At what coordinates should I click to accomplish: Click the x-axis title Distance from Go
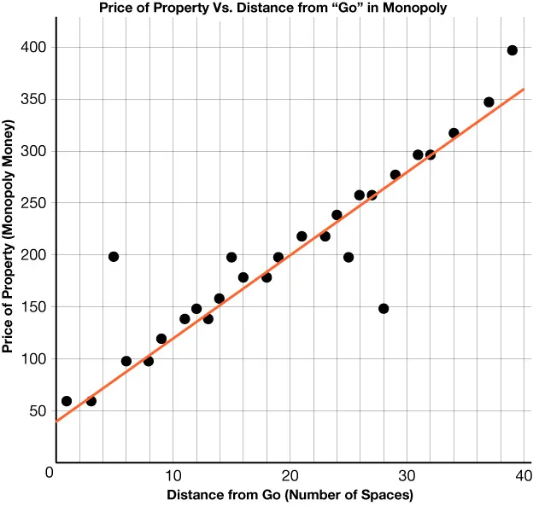[290, 495]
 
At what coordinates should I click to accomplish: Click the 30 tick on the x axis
[408, 474]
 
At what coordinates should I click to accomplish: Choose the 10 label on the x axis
[173, 474]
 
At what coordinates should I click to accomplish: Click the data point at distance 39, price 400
[512, 50]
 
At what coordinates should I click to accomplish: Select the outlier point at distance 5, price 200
[114, 257]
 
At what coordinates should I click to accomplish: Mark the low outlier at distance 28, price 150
[384, 309]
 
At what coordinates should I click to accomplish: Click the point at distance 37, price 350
[489, 102]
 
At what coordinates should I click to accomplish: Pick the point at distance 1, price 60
[67, 401]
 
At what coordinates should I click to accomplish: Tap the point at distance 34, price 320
[454, 133]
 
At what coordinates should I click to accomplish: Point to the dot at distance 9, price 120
[161, 339]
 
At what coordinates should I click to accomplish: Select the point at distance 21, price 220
[302, 236]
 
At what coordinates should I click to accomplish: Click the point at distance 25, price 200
[348, 257]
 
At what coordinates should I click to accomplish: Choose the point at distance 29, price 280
[395, 175]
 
